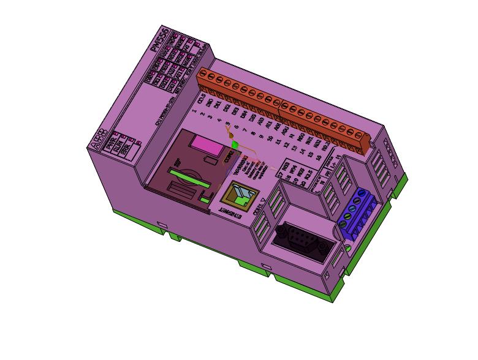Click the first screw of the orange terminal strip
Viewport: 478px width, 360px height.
tap(203, 75)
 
